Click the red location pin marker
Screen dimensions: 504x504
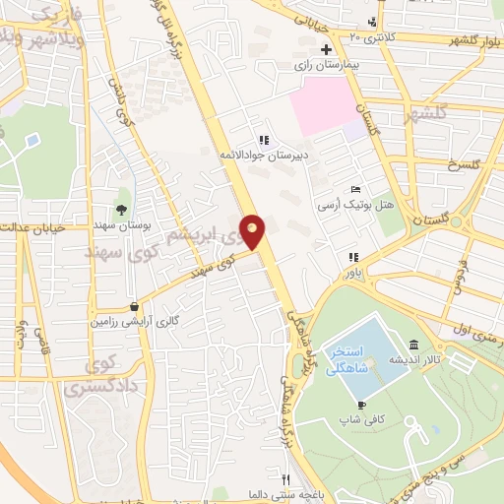(x=252, y=232)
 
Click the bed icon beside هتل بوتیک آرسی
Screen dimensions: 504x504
(x=355, y=190)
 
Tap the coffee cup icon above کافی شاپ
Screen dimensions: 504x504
(x=361, y=405)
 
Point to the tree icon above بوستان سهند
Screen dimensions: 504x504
(x=120, y=208)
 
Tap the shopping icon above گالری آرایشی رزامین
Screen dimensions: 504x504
(x=134, y=305)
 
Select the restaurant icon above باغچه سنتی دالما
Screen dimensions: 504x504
(x=284, y=477)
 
